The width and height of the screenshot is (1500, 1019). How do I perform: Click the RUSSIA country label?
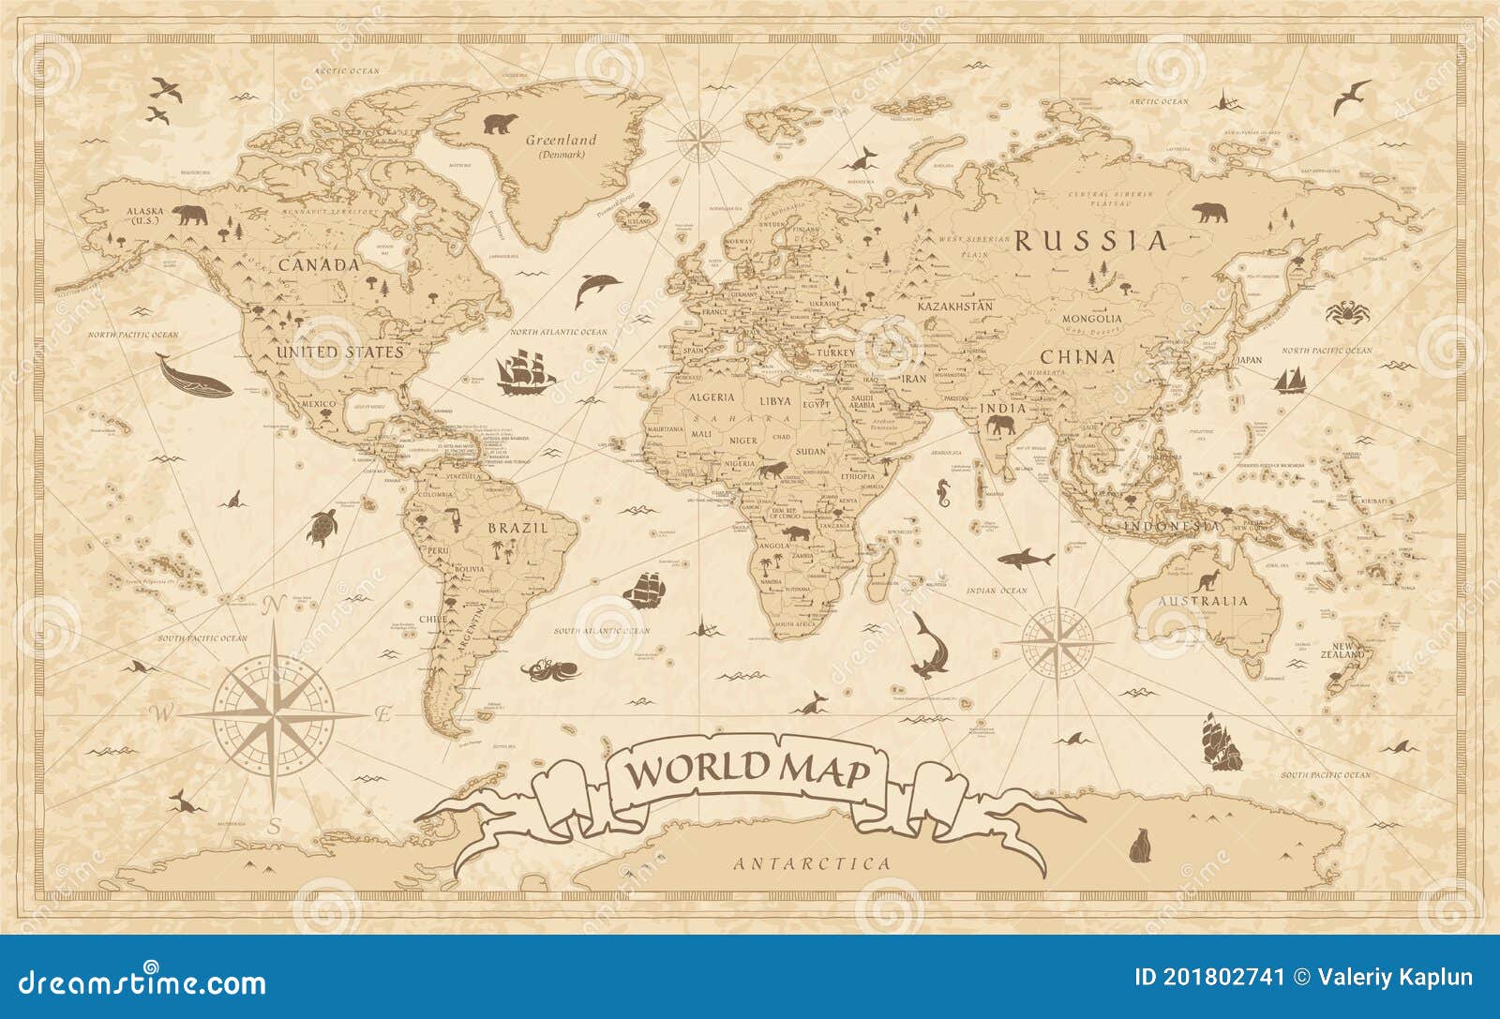coord(1092,242)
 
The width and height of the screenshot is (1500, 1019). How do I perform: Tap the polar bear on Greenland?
coord(502,124)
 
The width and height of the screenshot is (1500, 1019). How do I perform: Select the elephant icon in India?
coord(999,427)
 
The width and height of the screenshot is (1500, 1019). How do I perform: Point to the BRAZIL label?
coord(517,528)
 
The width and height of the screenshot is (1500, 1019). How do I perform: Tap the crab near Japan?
coord(1347,310)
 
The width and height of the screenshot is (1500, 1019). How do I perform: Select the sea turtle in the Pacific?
coord(322,528)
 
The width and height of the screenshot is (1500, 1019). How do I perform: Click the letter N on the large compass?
coord(274,606)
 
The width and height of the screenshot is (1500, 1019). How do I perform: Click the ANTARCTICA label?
coord(812,863)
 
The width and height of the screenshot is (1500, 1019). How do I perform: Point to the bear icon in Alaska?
coord(190,217)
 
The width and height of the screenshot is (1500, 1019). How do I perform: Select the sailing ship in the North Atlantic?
coord(523,373)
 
